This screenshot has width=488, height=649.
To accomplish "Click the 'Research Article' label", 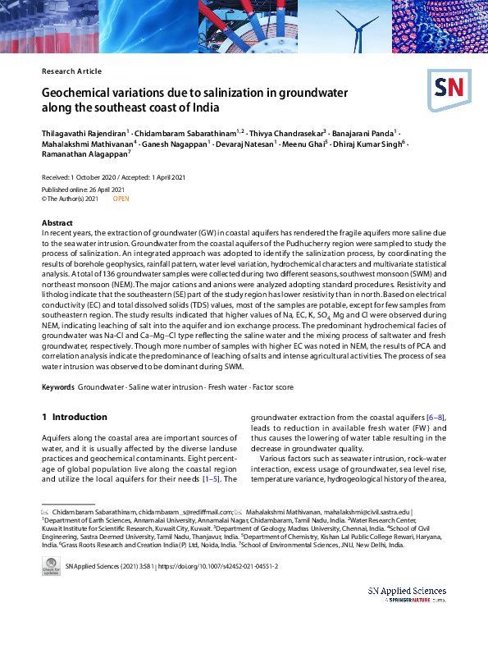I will click(71, 71).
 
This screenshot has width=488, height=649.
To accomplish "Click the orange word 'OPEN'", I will click(122, 199).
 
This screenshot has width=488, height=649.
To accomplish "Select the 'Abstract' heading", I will click(57, 223).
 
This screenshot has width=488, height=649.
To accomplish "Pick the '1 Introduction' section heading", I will click(75, 417).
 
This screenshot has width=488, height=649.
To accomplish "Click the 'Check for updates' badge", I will click(51, 566).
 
